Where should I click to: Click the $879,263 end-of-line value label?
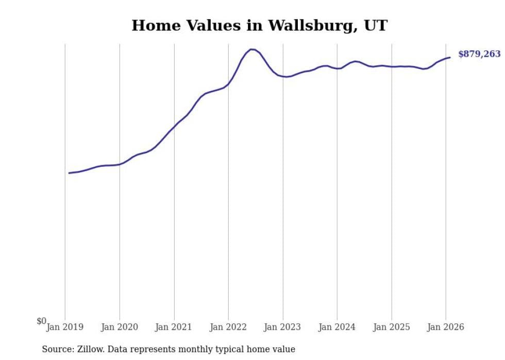pos(479,54)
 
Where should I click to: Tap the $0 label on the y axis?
pos(41,321)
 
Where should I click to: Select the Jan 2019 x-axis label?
pos(65,327)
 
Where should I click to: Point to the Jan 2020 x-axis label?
pos(120,327)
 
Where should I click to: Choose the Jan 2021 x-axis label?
pos(174,327)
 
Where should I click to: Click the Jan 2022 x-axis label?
pos(228,327)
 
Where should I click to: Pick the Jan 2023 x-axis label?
pos(283,327)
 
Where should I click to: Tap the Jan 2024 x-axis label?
pos(337,327)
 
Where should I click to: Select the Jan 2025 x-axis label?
pos(392,327)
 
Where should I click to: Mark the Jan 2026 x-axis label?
pos(446,327)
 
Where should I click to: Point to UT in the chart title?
pos(376,26)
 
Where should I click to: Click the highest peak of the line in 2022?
pos(251,49)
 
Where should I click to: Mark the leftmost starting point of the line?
pos(69,173)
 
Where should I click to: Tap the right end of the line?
pos(450,57)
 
